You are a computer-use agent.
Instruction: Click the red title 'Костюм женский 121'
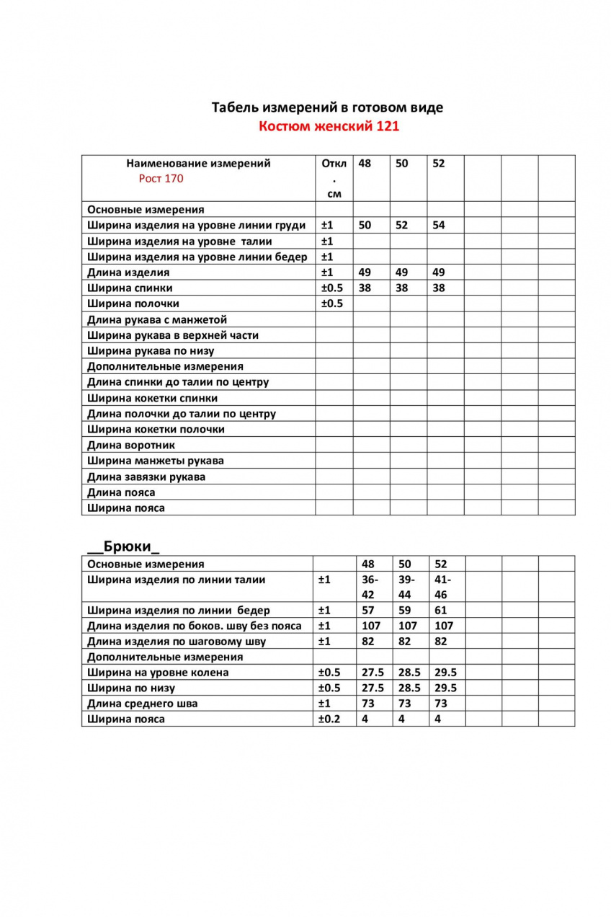[329, 127]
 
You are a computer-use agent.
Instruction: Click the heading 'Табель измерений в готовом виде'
[327, 107]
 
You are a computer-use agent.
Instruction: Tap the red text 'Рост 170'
[161, 179]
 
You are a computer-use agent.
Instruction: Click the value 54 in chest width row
[439, 225]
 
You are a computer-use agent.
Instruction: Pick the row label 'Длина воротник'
[130, 445]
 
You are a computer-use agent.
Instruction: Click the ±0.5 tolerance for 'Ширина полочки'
[332, 304]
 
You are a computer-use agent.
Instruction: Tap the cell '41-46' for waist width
[441, 587]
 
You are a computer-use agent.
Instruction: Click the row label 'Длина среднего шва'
[143, 704]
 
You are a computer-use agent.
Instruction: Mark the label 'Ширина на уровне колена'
[158, 673]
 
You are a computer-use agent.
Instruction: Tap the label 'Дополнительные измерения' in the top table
[165, 366]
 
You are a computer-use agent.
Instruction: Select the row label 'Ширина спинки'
[130, 288]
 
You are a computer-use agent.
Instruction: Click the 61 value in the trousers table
[440, 610]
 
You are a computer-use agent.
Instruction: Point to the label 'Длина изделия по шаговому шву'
[177, 641]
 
